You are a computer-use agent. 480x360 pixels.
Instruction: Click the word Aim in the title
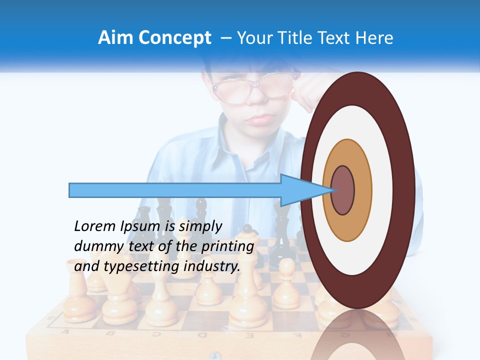116,38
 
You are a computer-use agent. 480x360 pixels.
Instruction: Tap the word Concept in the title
174,38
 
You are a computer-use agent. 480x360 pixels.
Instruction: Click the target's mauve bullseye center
343,190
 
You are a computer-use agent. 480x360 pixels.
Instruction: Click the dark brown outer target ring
405,190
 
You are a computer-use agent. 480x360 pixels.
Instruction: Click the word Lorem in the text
94,226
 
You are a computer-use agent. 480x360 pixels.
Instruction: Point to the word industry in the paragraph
212,266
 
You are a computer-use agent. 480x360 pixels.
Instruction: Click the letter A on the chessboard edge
66,332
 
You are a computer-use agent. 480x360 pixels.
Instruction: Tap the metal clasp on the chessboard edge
214,355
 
